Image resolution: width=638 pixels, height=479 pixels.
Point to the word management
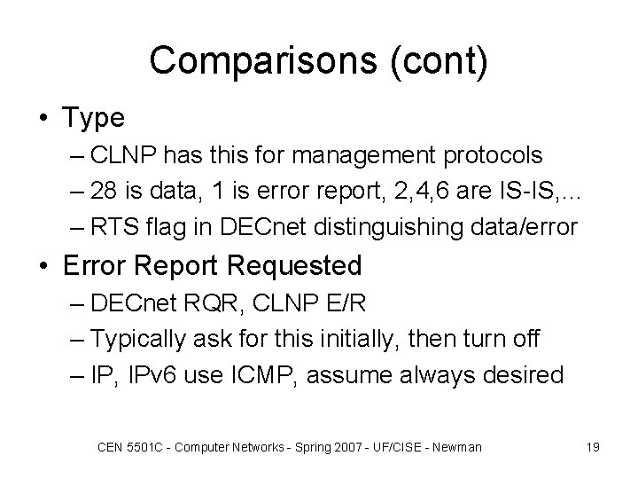tap(384, 155)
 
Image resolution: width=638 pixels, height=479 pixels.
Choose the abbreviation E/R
tap(350, 304)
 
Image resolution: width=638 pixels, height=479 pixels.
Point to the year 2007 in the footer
tap(340, 447)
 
